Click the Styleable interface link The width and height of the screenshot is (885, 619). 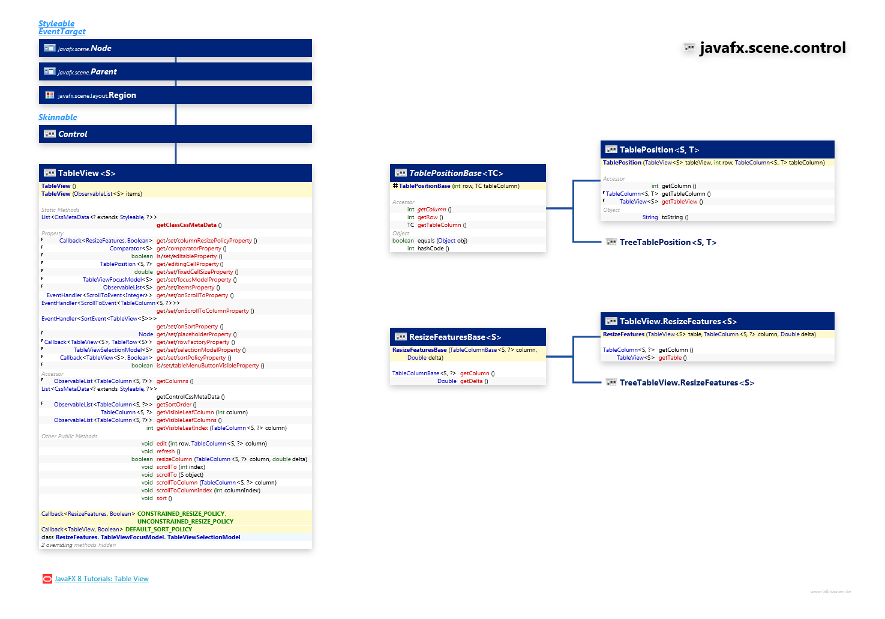[x=56, y=23]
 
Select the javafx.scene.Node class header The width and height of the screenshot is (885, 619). [x=101, y=48]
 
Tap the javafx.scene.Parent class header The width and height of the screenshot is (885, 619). [x=103, y=71]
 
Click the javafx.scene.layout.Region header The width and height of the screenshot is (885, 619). [x=122, y=95]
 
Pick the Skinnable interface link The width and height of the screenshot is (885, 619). [x=58, y=117]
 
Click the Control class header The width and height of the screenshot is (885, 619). [x=73, y=134]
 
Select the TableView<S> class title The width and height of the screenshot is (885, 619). [x=86, y=173]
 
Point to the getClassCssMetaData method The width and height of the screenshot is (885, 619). [x=187, y=225]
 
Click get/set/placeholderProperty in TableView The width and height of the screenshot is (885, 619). [x=194, y=334]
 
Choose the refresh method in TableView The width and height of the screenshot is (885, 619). [x=166, y=451]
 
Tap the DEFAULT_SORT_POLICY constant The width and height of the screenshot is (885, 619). [x=158, y=530]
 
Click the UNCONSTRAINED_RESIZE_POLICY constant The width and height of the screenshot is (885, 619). [x=185, y=522]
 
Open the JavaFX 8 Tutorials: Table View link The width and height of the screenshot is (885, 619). [x=101, y=579]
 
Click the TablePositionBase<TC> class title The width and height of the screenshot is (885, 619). [x=456, y=173]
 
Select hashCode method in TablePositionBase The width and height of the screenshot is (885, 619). [x=431, y=249]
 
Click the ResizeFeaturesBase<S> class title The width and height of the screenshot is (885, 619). [x=455, y=337]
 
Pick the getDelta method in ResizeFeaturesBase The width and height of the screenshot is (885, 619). [x=472, y=381]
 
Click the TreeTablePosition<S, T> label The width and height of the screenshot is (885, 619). [x=668, y=242]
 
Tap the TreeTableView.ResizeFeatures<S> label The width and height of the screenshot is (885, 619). [x=686, y=382]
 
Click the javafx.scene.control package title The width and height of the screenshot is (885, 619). [x=772, y=47]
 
